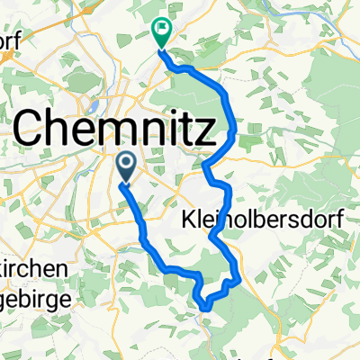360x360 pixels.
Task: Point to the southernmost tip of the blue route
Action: click(x=205, y=307)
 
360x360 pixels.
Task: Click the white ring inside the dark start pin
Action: click(x=127, y=163)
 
